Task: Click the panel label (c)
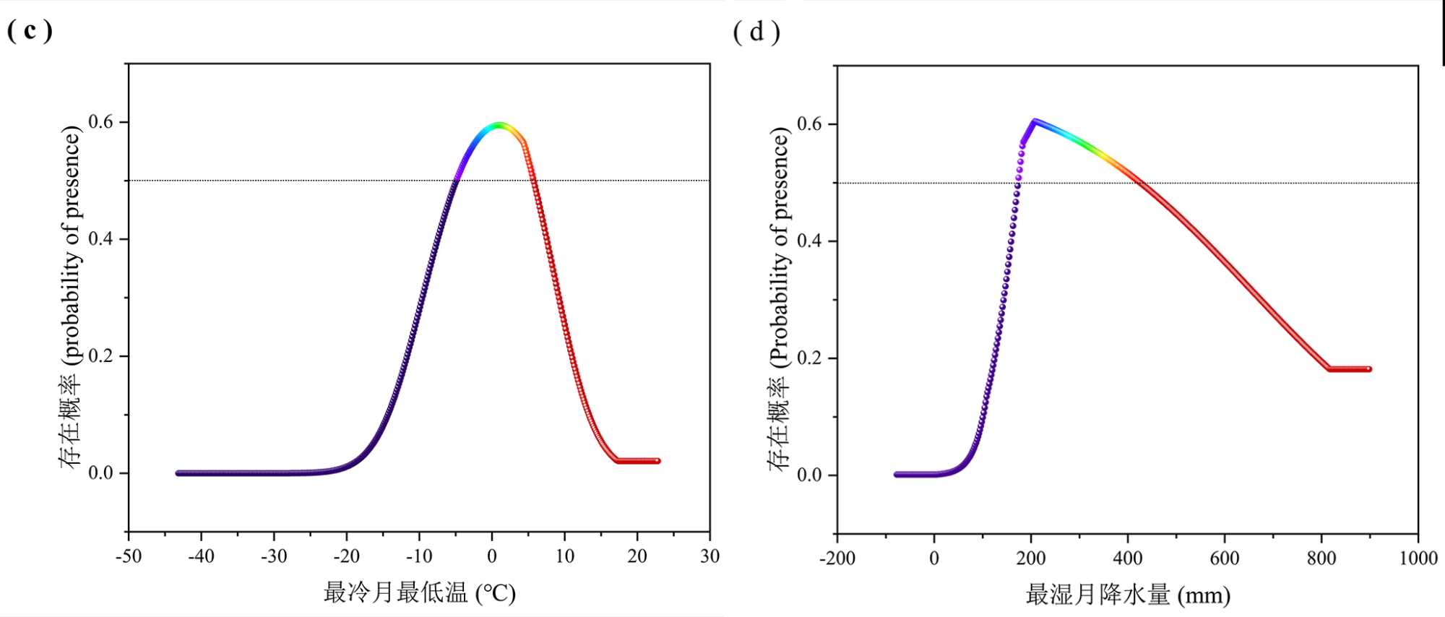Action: [x=30, y=30]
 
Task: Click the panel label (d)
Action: [x=756, y=33]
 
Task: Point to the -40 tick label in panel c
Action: [x=201, y=556]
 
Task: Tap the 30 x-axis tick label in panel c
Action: [x=709, y=556]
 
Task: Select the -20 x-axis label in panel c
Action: [x=346, y=556]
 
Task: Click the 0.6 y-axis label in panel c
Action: [x=101, y=122]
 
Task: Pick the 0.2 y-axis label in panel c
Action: [x=101, y=356]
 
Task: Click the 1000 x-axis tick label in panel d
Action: [x=1418, y=558]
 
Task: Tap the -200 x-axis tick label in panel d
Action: [x=837, y=558]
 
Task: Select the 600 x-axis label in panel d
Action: [x=1225, y=558]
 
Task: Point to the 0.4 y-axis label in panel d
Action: [x=810, y=241]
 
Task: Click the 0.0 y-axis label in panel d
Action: [x=810, y=475]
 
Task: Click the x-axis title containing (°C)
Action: [x=419, y=593]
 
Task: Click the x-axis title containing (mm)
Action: [x=1128, y=595]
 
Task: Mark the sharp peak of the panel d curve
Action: [x=1035, y=121]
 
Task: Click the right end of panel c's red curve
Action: [x=657, y=461]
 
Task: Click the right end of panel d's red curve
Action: [x=1368, y=369]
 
